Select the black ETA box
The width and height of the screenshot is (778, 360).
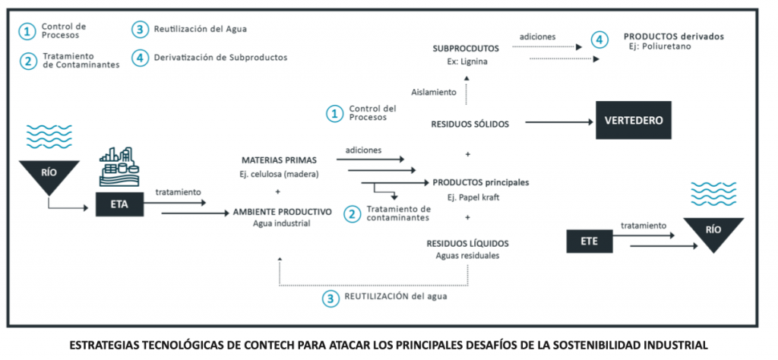tap(119, 204)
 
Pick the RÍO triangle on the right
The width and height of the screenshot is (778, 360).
tap(710, 232)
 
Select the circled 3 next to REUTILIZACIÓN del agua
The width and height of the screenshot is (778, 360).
tap(330, 298)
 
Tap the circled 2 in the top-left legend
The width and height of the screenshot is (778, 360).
tap(28, 60)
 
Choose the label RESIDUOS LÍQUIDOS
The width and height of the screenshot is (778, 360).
tap(468, 244)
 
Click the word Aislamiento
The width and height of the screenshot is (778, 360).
tap(435, 92)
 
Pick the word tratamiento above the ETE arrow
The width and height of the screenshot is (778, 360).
tap(644, 226)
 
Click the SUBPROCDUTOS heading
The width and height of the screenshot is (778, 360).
tap(467, 48)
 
